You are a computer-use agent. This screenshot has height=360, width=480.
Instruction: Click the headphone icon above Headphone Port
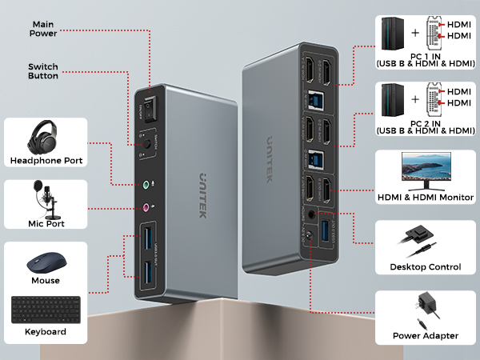(x=46, y=137)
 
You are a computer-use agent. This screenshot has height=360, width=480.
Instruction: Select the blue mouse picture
(x=46, y=265)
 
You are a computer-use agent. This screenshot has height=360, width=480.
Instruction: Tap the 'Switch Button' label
(x=43, y=72)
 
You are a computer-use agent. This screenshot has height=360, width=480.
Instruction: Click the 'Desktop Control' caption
(x=424, y=266)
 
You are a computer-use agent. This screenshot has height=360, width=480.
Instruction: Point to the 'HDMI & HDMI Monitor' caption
(x=424, y=197)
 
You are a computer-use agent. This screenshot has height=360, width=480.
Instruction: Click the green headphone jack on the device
(x=146, y=183)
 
